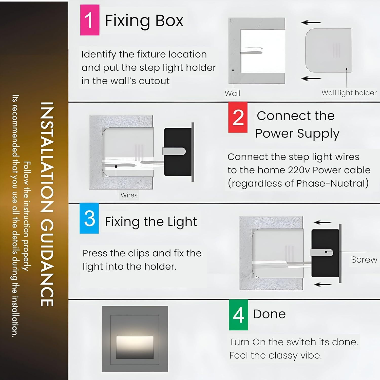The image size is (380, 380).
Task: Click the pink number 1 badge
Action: (90, 20)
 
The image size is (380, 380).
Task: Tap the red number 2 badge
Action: (238, 117)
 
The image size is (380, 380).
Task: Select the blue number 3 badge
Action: (89, 218)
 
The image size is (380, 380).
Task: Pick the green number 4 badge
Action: (238, 315)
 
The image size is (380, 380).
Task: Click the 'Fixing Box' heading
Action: (144, 21)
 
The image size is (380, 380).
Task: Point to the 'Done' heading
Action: (269, 314)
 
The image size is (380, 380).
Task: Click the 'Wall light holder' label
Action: (349, 93)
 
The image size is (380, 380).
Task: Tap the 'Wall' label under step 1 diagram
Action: (233, 93)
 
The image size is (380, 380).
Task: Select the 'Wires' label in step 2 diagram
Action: (129, 195)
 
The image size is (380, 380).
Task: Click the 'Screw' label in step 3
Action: (364, 260)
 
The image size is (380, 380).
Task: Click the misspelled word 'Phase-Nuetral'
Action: (332, 183)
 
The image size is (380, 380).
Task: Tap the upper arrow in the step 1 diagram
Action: (311, 23)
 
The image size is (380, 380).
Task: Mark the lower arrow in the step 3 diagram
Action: (323, 284)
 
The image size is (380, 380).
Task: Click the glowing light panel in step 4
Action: (135, 344)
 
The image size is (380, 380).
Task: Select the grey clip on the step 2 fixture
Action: (174, 151)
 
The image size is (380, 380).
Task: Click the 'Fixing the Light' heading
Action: (151, 222)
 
